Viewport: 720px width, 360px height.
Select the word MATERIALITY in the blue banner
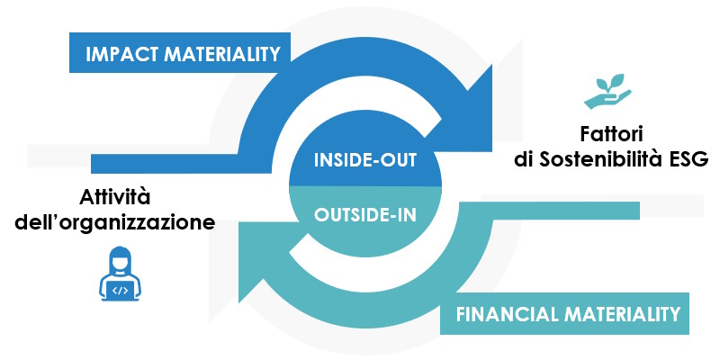pos(221,54)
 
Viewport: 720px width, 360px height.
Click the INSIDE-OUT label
pos(364,161)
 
